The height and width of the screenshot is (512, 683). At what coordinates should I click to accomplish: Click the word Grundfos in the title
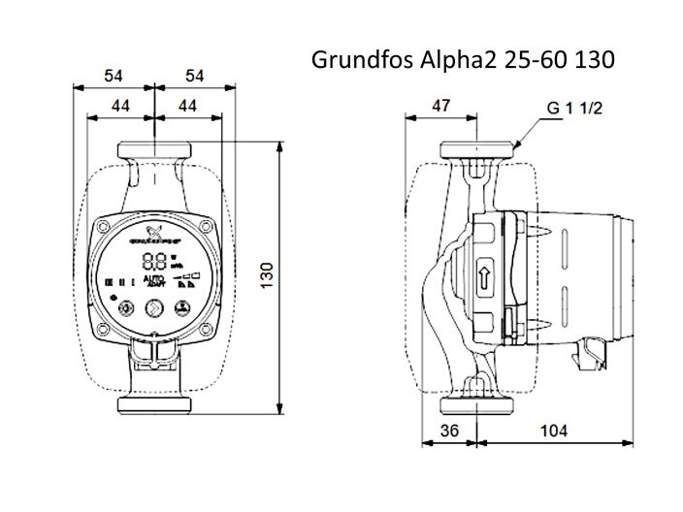354,60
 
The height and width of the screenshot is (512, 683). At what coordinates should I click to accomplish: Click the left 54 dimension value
113,76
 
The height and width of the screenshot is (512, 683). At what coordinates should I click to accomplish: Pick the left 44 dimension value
120,105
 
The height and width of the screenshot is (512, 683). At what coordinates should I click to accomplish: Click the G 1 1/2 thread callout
575,109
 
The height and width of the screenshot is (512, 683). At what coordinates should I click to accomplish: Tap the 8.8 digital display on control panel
153,261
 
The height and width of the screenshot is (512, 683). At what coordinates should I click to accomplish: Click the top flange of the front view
154,153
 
